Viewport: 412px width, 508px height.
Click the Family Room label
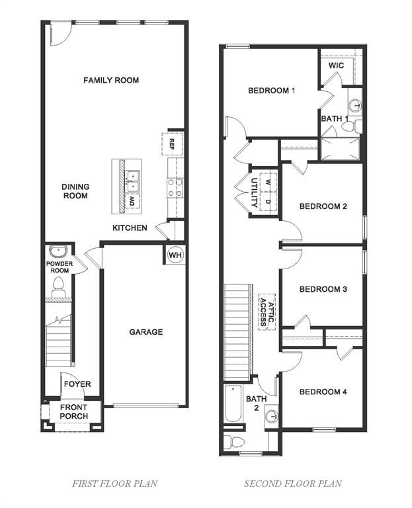click(x=111, y=80)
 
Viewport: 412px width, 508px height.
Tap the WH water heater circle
click(x=175, y=255)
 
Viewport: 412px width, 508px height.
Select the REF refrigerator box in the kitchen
click(x=172, y=144)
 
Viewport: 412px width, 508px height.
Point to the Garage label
click(x=145, y=332)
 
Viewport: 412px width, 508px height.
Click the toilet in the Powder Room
click(x=58, y=286)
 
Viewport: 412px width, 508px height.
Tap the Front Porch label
click(x=73, y=411)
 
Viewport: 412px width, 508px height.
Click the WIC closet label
click(x=336, y=66)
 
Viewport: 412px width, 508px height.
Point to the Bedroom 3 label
click(x=323, y=289)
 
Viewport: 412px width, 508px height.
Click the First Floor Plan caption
click(x=114, y=484)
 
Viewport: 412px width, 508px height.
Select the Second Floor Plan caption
click(x=293, y=484)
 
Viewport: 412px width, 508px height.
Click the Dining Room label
click(x=75, y=191)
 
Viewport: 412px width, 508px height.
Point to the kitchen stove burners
click(x=175, y=187)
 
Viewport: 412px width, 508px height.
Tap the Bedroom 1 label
click(x=271, y=91)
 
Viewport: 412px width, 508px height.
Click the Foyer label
click(x=78, y=384)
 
